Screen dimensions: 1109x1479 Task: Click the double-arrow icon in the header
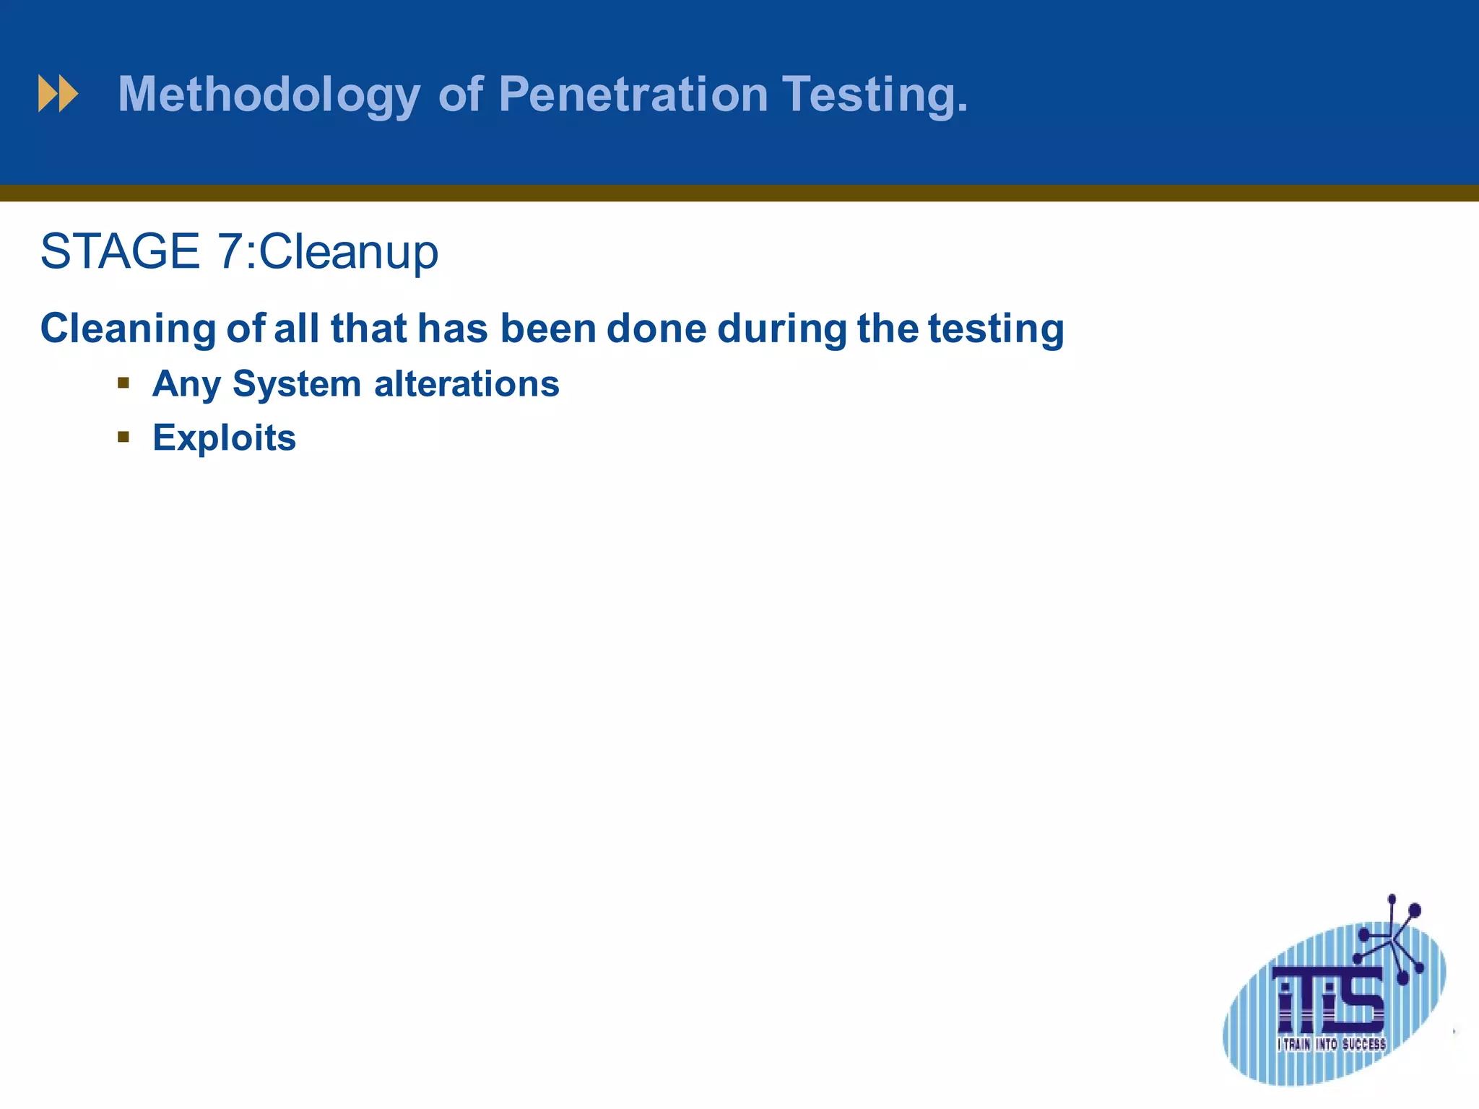click(x=58, y=94)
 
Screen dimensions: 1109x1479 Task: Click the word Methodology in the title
click(x=269, y=95)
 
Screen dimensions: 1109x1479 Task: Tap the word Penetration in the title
click(x=633, y=95)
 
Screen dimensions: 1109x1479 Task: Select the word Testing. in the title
click(x=875, y=95)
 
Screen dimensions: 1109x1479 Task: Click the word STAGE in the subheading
click(x=120, y=251)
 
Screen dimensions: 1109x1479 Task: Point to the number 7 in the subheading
click(x=230, y=251)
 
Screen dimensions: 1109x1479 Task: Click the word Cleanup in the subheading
click(x=348, y=253)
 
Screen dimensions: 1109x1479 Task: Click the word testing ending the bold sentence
click(x=995, y=329)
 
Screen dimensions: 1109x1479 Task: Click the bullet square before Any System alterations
click(x=123, y=383)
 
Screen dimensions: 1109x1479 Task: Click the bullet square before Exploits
click(x=123, y=437)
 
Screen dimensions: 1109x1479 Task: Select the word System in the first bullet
click(x=296, y=384)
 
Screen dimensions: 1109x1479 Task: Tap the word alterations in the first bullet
click(x=467, y=384)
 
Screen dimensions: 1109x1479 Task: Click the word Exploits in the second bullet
click(x=224, y=438)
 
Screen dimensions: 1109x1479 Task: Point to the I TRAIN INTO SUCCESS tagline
click(x=1331, y=1044)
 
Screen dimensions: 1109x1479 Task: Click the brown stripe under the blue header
click(x=739, y=193)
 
